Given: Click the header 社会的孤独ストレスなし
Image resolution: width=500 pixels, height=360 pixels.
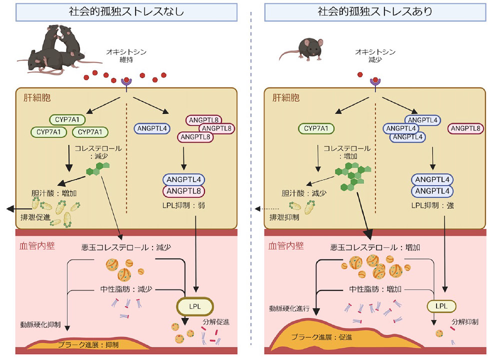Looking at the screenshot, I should coord(125,12).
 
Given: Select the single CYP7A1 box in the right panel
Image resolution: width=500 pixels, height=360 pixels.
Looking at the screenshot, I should coord(317,129).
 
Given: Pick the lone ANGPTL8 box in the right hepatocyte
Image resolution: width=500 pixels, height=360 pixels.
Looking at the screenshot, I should coord(466,129).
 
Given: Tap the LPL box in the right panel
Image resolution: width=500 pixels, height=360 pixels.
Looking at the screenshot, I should coord(440,304).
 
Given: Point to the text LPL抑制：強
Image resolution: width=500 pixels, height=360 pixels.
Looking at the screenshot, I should coord(431,205).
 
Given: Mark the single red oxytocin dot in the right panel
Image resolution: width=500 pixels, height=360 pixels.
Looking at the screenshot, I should coord(359,75).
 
